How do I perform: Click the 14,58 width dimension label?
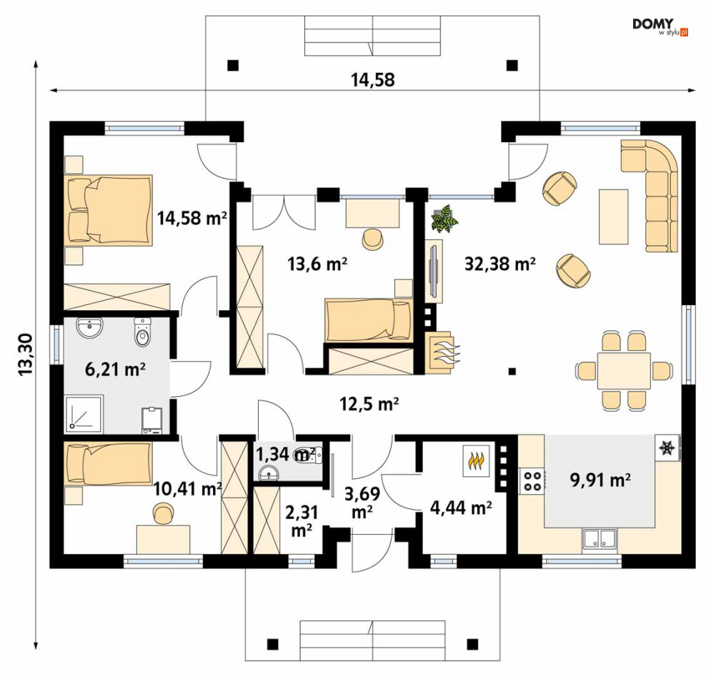(x=373, y=80)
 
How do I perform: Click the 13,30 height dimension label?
(x=26, y=354)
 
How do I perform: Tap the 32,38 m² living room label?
(x=499, y=263)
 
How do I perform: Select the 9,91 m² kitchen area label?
(x=600, y=480)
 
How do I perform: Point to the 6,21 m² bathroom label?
(x=115, y=370)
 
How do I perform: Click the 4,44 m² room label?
(x=461, y=508)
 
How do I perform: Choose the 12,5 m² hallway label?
(x=369, y=403)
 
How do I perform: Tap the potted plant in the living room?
(x=444, y=219)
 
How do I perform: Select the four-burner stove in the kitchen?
(x=532, y=481)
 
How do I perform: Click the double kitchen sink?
(x=600, y=540)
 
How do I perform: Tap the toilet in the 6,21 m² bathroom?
(x=143, y=331)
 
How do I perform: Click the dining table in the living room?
(x=624, y=371)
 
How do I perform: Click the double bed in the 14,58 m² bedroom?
(x=109, y=211)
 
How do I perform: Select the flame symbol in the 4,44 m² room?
(x=476, y=460)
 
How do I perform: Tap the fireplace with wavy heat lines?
(x=441, y=352)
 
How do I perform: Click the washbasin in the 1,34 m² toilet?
(x=270, y=474)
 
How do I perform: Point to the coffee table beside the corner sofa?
(x=614, y=217)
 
